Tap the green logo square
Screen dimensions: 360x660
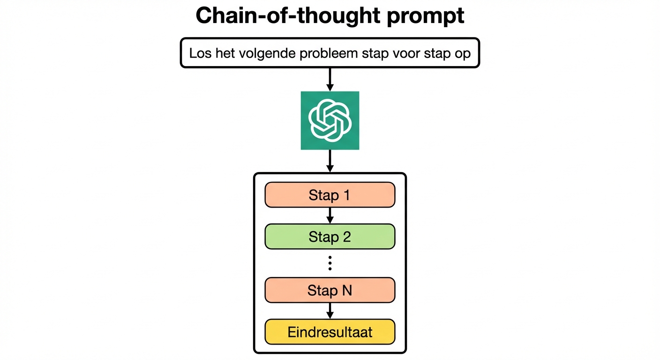(x=330, y=120)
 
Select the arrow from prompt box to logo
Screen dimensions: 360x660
(x=330, y=79)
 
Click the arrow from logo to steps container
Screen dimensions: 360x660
(x=330, y=161)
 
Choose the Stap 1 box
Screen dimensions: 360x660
(x=330, y=195)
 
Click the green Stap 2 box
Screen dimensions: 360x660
(x=330, y=237)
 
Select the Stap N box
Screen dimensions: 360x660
(x=330, y=291)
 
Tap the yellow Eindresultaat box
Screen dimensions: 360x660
(x=330, y=332)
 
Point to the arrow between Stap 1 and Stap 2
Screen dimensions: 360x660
(x=330, y=215)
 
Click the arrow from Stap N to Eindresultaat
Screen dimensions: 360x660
(x=330, y=311)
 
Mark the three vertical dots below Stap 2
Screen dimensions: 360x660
(x=330, y=264)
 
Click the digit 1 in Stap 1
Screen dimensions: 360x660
(x=346, y=195)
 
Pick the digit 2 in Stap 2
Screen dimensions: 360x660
(x=346, y=237)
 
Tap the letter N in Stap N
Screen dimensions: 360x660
(x=346, y=291)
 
